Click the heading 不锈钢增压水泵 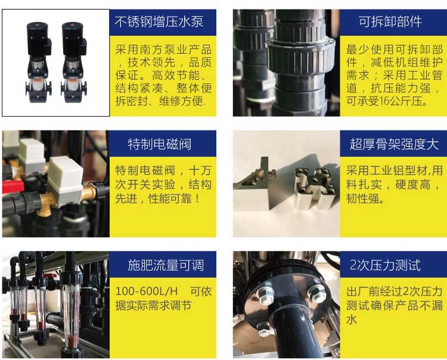(x=159, y=21)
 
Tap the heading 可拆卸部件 (x=390, y=21)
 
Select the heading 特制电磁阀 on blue (x=159, y=144)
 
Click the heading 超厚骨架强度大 (x=394, y=144)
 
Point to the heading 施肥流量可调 (x=166, y=265)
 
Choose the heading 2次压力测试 (x=385, y=265)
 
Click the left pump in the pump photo (x=39, y=63)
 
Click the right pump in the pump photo (x=74, y=63)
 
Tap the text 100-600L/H (x=147, y=291)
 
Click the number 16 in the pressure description (x=384, y=101)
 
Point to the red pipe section (x=13, y=186)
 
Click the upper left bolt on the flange (x=265, y=294)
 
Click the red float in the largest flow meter (x=72, y=340)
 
